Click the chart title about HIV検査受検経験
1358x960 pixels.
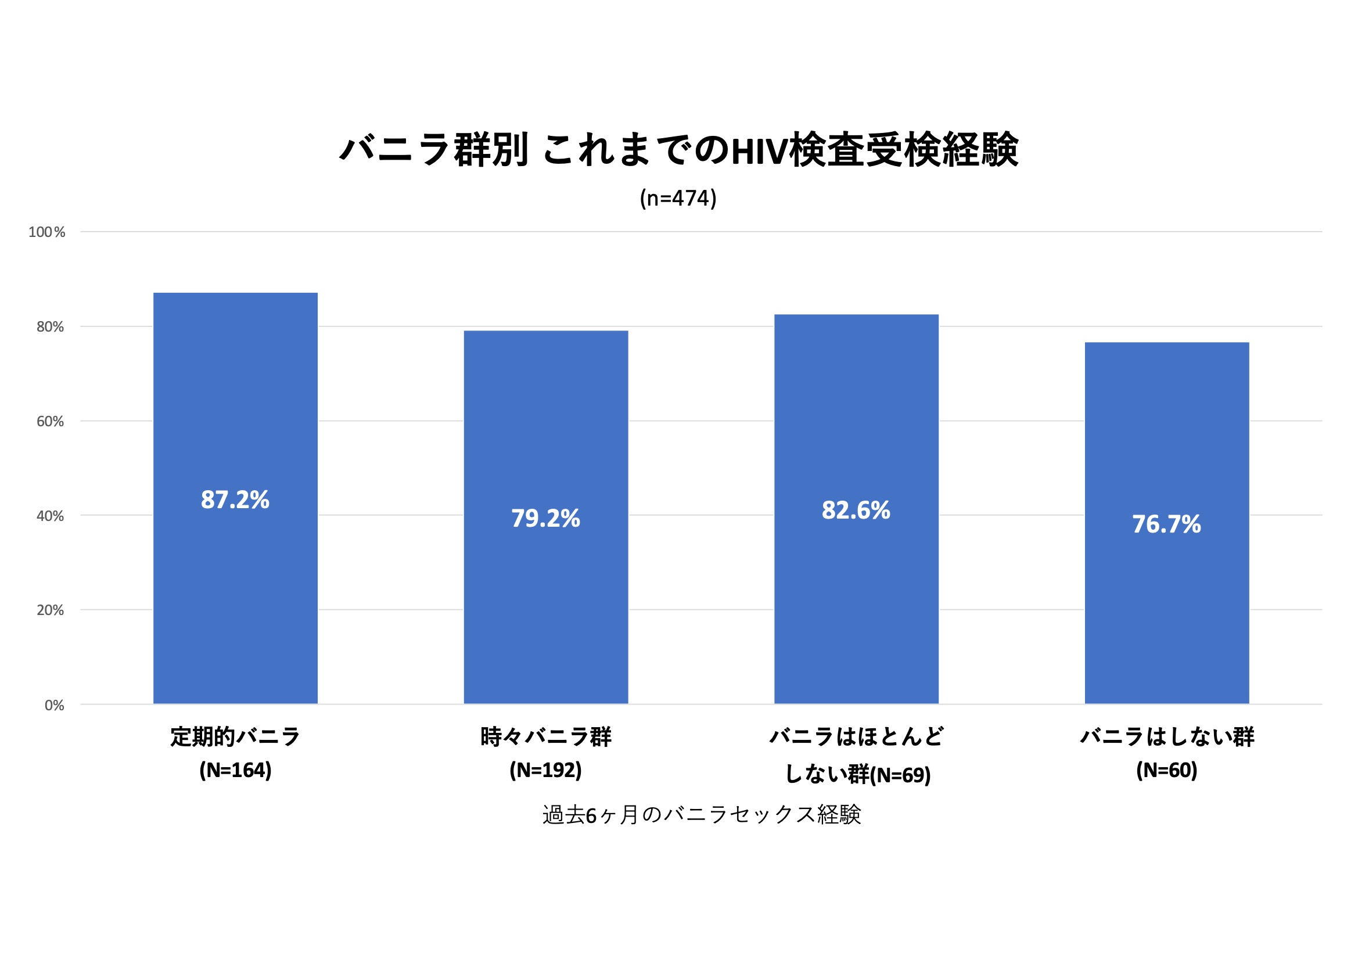coord(678,149)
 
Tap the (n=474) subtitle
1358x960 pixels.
coord(678,198)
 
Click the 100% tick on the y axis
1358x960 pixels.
coord(46,232)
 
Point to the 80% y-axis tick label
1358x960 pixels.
coord(51,326)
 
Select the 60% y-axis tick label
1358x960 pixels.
coord(51,421)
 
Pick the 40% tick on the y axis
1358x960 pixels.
coord(51,516)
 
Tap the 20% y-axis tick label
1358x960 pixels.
coord(51,610)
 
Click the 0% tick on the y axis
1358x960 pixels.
coord(55,705)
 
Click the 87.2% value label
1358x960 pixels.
coord(235,500)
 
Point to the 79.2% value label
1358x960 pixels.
coord(545,519)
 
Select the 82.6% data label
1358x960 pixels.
coord(856,510)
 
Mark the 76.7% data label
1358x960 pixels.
coord(1166,524)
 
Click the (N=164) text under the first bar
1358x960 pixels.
coord(235,770)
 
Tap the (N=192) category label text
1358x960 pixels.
coord(545,770)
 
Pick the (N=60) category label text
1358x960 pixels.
coord(1166,770)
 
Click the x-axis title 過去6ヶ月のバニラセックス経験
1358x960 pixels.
coord(702,815)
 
